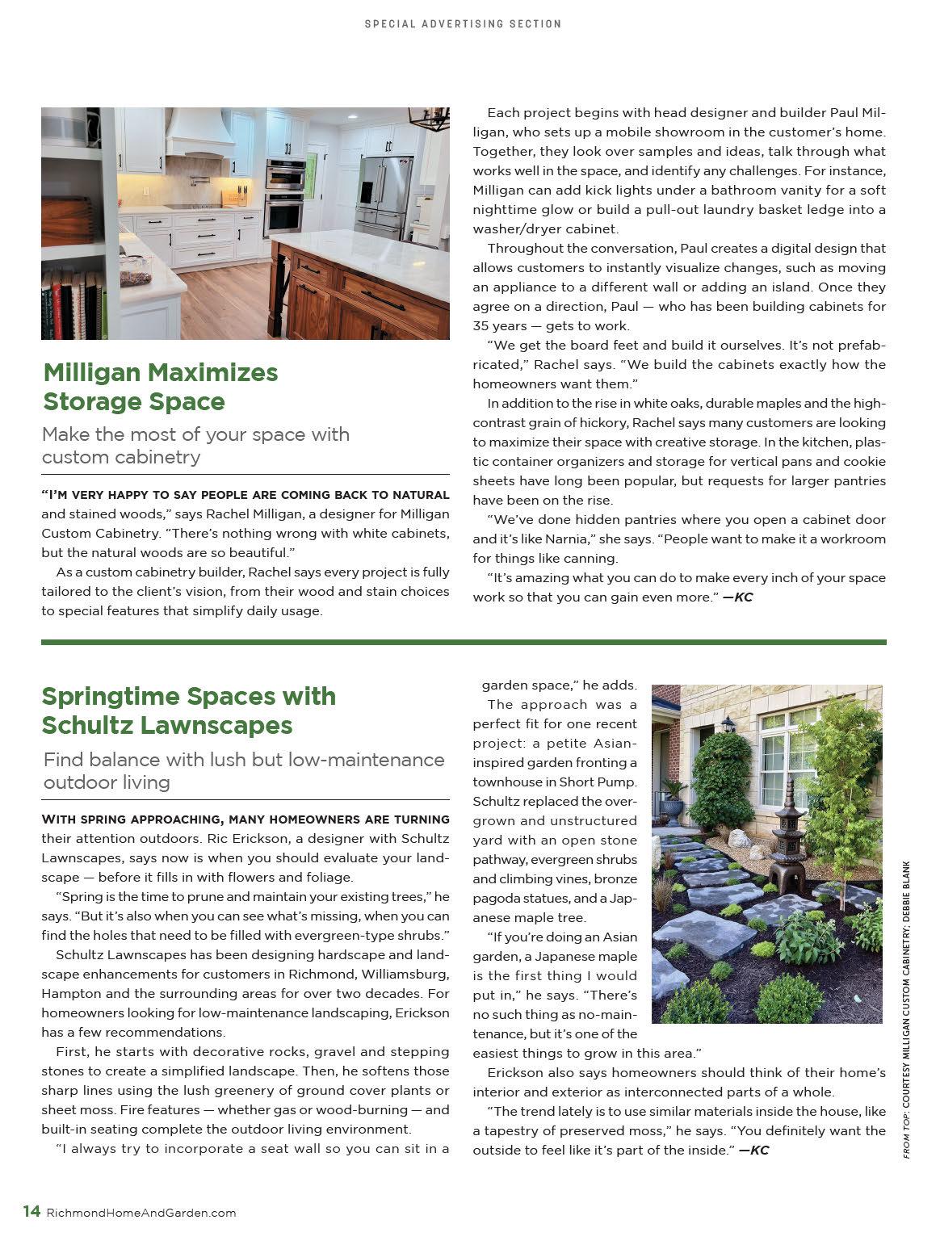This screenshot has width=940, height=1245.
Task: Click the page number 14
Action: (31, 1211)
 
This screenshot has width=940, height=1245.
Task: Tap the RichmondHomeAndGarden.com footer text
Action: (141, 1213)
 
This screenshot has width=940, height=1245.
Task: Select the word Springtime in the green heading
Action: (111, 696)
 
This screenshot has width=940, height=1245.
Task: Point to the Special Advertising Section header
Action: (463, 24)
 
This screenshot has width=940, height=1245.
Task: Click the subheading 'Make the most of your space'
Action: (195, 445)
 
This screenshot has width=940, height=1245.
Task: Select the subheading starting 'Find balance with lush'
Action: (243, 770)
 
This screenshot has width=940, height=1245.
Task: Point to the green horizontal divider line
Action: (464, 642)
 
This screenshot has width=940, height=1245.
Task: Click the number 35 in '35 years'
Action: (482, 325)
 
